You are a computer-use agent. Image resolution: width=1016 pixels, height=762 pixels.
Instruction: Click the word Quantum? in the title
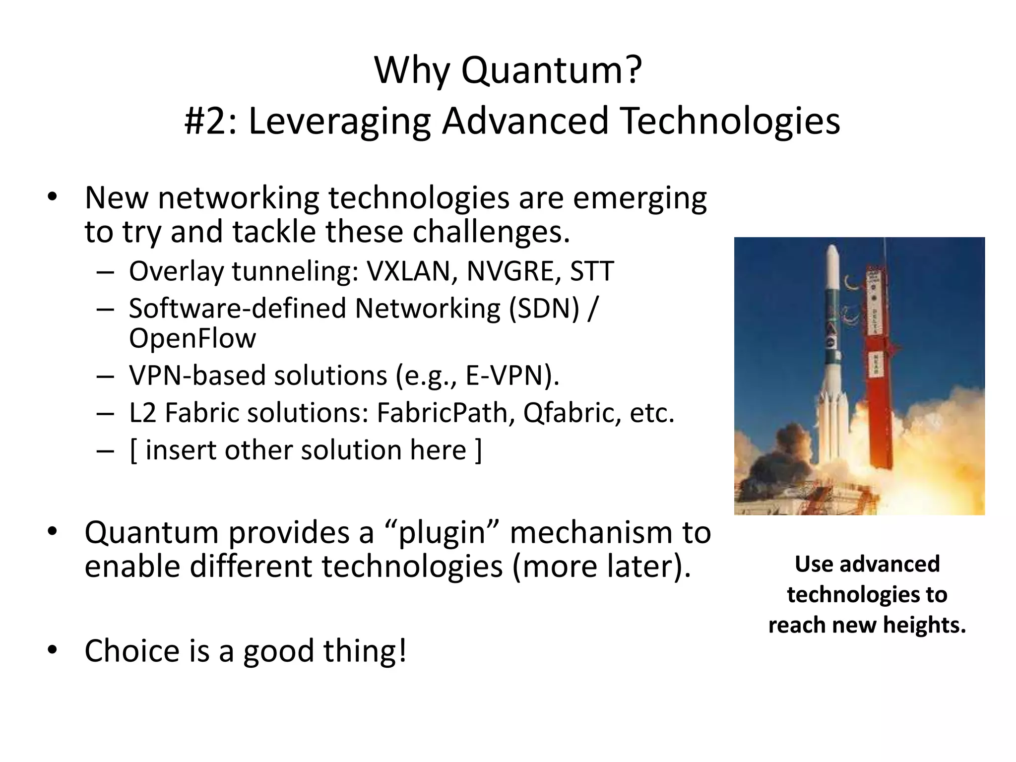pos(552,71)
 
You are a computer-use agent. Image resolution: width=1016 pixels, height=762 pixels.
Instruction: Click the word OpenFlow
pos(192,339)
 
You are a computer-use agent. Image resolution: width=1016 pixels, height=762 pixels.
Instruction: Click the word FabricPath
pos(442,413)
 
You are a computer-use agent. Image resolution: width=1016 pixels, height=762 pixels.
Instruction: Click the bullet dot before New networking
pos(53,198)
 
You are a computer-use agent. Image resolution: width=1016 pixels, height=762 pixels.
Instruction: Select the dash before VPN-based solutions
pos(106,376)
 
